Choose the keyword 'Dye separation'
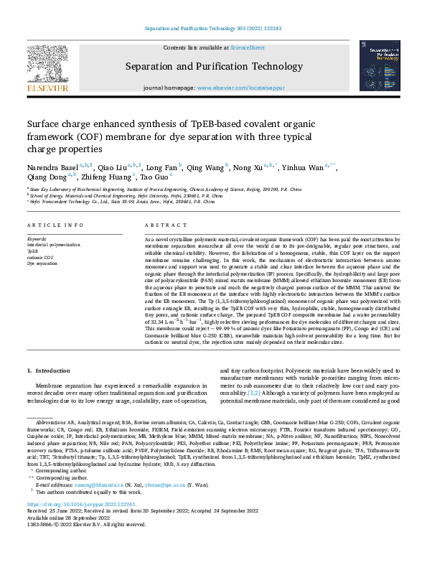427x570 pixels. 42,263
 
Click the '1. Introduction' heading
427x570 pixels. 48,371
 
